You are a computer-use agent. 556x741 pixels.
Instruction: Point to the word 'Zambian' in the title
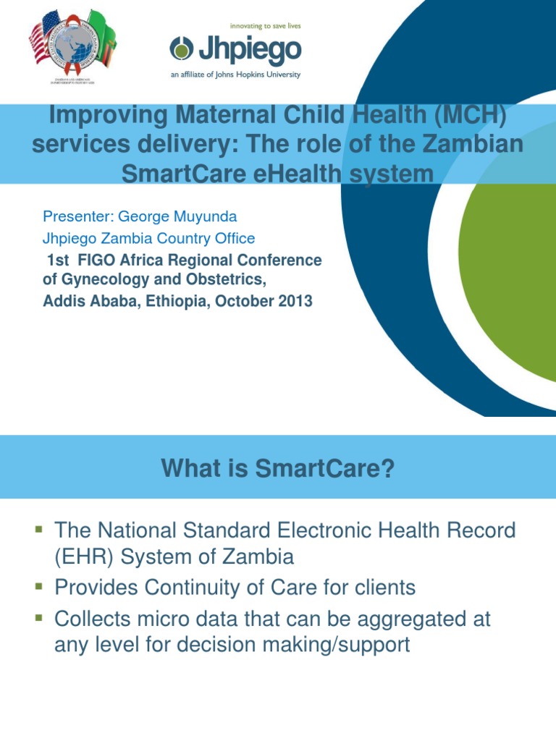coord(471,145)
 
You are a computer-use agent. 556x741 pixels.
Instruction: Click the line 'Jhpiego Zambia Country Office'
coord(149,238)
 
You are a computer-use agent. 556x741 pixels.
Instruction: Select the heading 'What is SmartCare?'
coord(278,470)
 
